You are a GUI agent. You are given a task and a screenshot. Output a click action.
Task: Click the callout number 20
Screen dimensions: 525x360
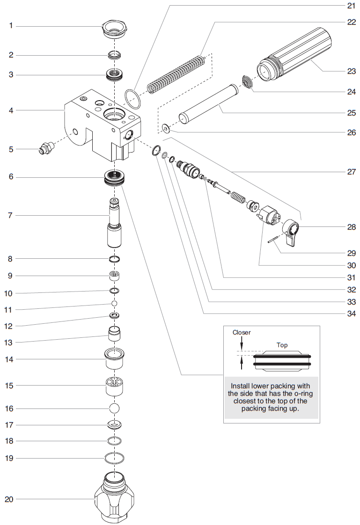(9, 499)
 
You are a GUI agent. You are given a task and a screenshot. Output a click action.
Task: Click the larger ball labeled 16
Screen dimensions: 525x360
(114, 408)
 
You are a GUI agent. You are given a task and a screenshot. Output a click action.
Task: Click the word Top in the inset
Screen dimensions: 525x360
(282, 345)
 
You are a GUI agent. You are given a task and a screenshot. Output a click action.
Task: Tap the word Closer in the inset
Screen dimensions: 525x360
(242, 332)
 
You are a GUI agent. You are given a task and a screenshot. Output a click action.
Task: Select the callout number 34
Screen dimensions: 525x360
(351, 314)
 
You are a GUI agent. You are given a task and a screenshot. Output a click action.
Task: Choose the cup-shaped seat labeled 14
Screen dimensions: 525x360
(114, 359)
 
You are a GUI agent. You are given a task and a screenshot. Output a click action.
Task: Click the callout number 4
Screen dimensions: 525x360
(11, 110)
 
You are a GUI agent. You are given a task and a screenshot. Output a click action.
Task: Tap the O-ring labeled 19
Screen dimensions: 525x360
(114, 458)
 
